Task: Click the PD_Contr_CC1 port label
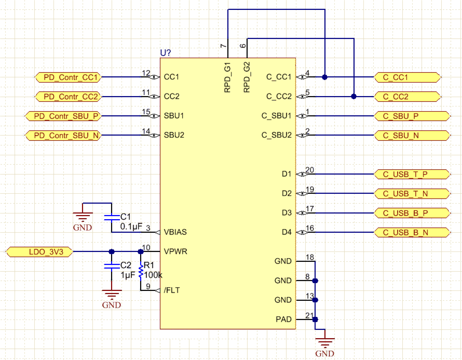coord(69,77)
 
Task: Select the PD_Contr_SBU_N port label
coord(63,136)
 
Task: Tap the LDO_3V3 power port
coord(40,252)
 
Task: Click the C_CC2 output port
coord(406,97)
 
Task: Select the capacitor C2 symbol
coord(111,265)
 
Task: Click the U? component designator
coord(166,53)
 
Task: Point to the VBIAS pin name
coord(175,232)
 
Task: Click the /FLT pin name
coord(172,291)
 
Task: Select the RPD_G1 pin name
coord(227,77)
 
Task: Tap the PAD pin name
coord(283,319)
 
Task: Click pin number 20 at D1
coord(310,170)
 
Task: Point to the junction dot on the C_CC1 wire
coord(324,77)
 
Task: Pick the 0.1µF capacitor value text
coord(131,226)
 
